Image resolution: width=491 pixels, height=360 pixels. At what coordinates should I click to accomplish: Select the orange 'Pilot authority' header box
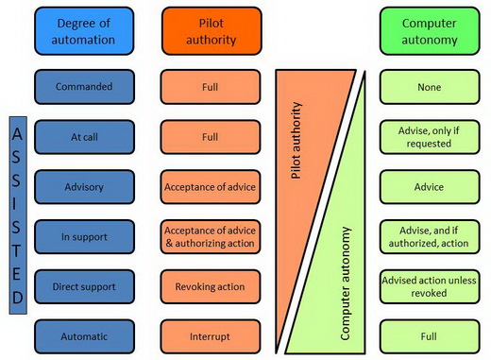pyautogui.click(x=211, y=32)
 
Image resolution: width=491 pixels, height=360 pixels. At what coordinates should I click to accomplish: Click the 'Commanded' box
pyautogui.click(x=84, y=86)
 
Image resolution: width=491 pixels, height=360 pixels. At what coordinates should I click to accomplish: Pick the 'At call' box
pyautogui.click(x=84, y=136)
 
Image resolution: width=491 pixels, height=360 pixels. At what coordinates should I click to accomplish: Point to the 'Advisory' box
pyautogui.click(x=84, y=186)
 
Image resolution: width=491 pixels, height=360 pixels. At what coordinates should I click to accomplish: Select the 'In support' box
pyautogui.click(x=84, y=236)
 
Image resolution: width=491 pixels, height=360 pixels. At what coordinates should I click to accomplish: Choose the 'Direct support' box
pyautogui.click(x=84, y=285)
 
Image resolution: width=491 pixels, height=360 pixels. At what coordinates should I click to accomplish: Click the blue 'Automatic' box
pyautogui.click(x=84, y=335)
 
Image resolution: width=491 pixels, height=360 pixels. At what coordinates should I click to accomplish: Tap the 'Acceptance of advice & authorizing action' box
pyautogui.click(x=211, y=236)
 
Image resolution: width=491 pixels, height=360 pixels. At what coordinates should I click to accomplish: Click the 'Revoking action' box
pyautogui.click(x=211, y=285)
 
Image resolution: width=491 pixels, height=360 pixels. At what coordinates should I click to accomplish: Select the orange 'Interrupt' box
pyautogui.click(x=211, y=335)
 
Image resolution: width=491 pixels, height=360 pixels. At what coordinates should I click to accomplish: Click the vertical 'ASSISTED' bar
pyautogui.click(x=17, y=213)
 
